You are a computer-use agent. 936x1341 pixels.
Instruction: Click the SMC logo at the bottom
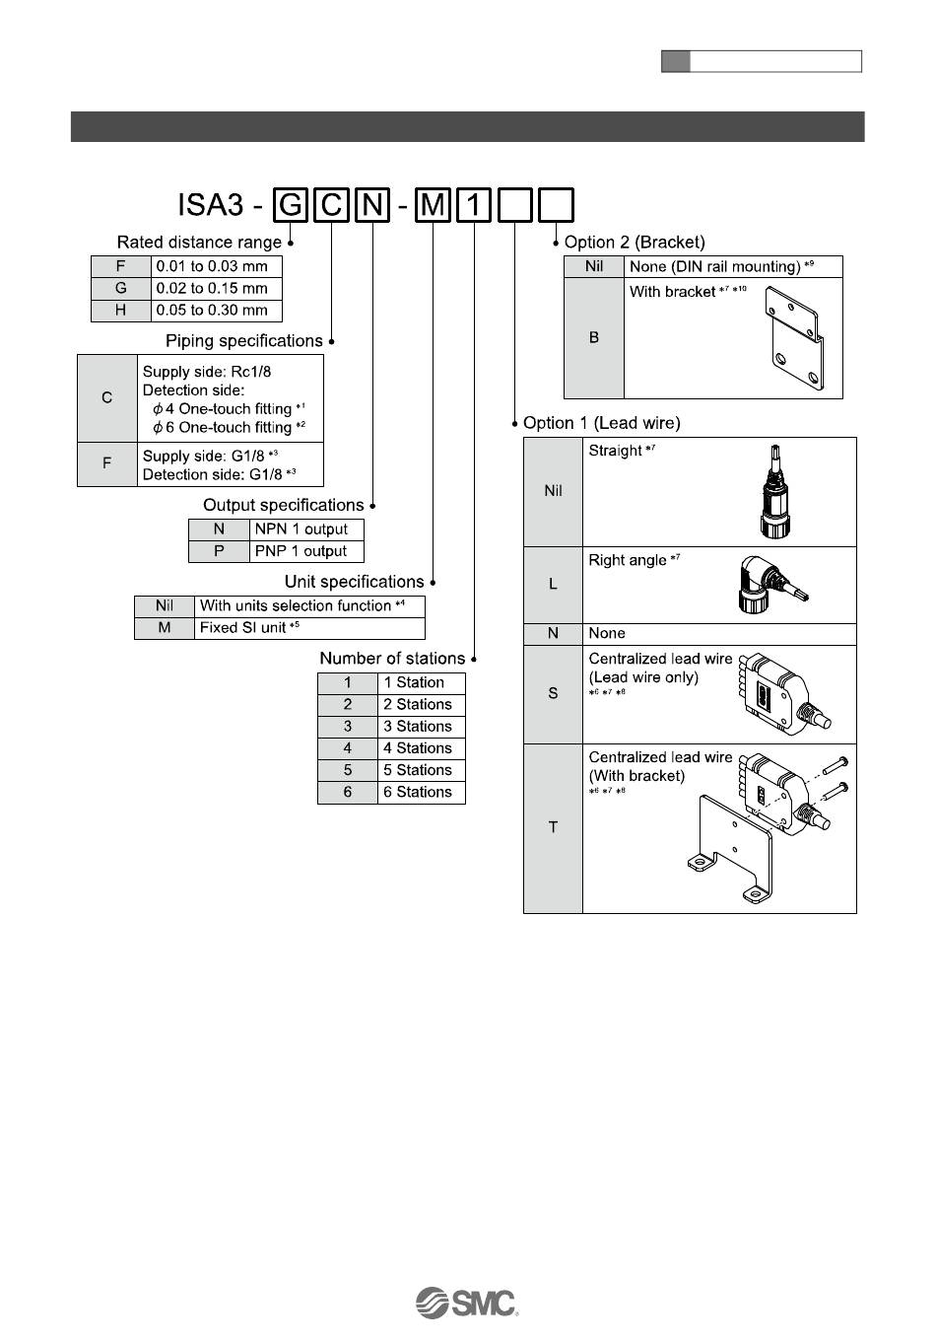(x=467, y=1303)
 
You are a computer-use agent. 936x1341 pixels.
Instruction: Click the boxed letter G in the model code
(x=291, y=205)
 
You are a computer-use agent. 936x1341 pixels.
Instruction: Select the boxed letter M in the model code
(x=434, y=205)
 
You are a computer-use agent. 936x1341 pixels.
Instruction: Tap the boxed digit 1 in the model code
(x=474, y=205)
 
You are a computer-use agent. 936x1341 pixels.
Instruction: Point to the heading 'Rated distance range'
(x=199, y=242)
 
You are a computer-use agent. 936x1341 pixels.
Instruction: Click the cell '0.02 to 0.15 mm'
(x=216, y=288)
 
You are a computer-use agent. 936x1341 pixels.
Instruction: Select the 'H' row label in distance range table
(x=120, y=310)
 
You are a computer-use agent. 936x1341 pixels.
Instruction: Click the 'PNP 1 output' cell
(x=305, y=551)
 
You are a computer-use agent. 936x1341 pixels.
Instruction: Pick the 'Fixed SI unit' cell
(x=309, y=628)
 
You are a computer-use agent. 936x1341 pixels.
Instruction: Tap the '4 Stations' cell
(x=421, y=748)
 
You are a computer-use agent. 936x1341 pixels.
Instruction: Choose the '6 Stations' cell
(x=421, y=792)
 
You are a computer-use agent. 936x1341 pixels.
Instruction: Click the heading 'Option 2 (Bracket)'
(x=635, y=242)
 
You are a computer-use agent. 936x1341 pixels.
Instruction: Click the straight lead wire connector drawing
(x=774, y=490)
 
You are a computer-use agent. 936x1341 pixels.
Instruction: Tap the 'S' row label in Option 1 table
(x=553, y=693)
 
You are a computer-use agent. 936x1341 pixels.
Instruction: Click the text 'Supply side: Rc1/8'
(x=207, y=372)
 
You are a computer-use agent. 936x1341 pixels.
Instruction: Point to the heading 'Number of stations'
(x=392, y=658)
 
